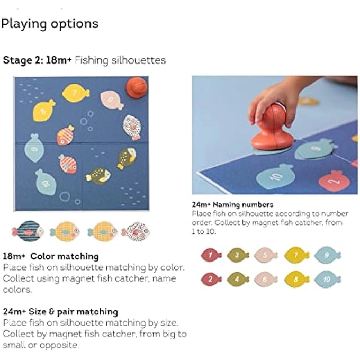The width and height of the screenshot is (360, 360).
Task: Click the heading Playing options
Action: click(50, 24)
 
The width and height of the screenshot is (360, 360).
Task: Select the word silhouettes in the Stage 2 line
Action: click(139, 60)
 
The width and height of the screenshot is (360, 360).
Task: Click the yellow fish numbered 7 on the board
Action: click(76, 94)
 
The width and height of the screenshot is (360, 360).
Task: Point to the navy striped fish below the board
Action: click(28, 231)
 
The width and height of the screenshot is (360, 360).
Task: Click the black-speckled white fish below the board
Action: click(136, 231)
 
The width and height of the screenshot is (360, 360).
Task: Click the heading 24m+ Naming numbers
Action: click(232, 204)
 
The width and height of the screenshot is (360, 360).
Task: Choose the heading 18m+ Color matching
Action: click(51, 256)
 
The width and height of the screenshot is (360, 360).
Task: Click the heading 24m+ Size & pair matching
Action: click(60, 311)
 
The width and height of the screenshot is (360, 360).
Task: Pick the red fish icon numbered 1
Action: click(211, 255)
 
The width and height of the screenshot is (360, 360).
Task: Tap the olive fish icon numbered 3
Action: click(238, 255)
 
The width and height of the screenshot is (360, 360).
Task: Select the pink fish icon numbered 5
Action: click(266, 255)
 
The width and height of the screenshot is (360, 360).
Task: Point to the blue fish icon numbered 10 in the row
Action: click(327, 278)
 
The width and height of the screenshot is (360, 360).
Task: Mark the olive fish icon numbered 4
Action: click(238, 278)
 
